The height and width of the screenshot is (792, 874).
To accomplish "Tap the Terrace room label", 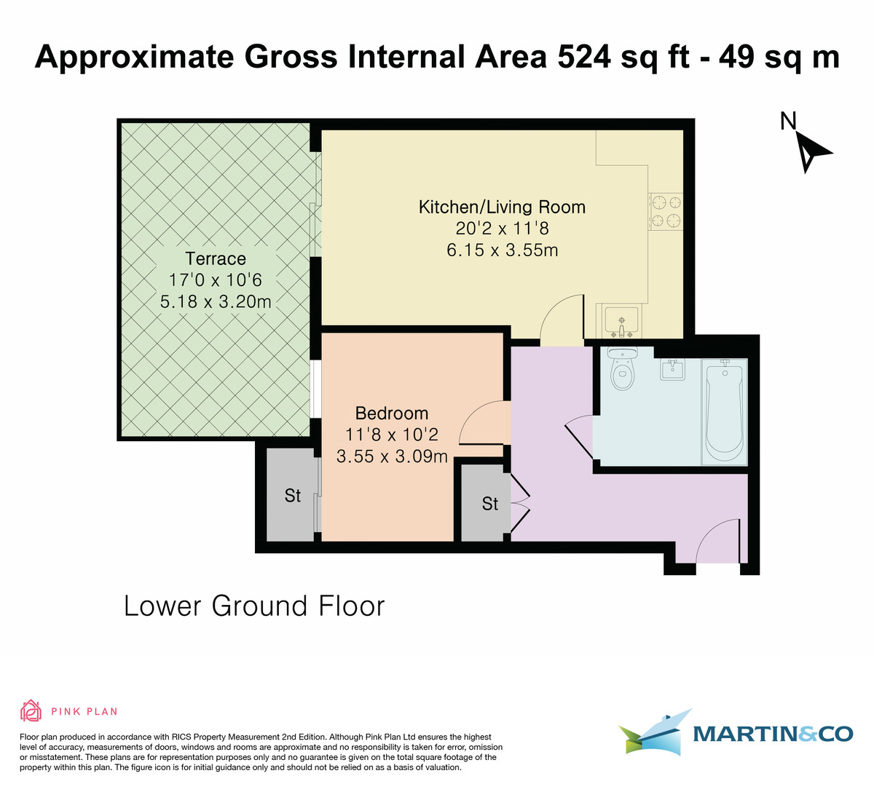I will tap(216, 258).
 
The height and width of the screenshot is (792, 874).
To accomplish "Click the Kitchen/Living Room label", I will tap(502, 207).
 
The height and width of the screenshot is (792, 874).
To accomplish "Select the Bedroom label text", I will tap(392, 413).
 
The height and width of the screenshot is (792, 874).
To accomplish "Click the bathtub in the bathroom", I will tap(724, 411).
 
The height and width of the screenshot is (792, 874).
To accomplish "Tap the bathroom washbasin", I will tap(672, 370).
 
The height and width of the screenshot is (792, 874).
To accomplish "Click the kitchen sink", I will tap(621, 322).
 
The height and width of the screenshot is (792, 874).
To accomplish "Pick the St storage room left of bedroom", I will tap(292, 496).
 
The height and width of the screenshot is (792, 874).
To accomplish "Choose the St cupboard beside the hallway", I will tap(489, 504).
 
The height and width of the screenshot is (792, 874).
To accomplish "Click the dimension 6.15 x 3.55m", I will tap(502, 250).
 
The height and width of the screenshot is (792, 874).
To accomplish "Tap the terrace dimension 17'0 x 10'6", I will tap(216, 280).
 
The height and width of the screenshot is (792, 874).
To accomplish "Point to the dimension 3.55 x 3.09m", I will tap(392, 457).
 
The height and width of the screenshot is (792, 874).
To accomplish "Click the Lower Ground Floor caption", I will tap(254, 606).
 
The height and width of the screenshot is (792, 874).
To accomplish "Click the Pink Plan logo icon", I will tap(31, 710).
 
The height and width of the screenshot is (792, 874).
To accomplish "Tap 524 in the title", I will tap(584, 57).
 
